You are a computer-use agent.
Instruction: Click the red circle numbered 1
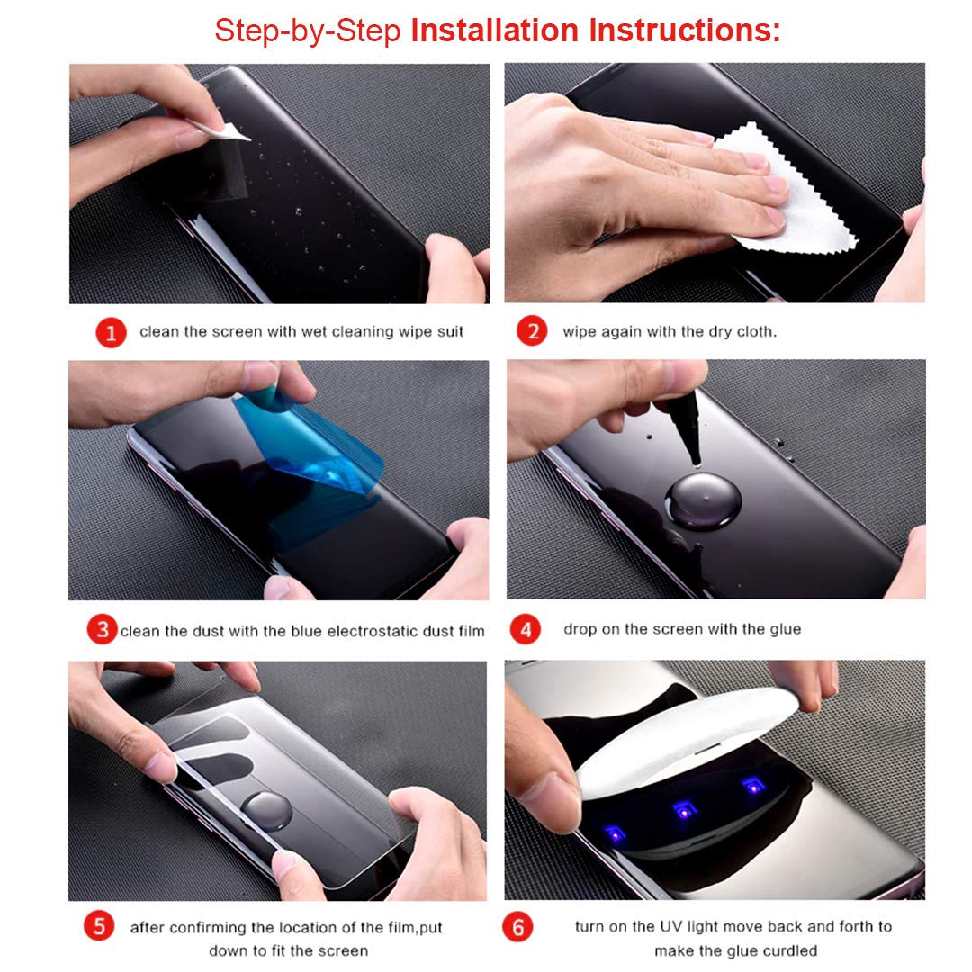click(x=111, y=332)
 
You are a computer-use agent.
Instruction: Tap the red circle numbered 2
click(x=532, y=330)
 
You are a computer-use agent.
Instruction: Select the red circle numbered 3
click(x=103, y=630)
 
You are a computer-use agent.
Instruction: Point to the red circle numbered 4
click(x=525, y=629)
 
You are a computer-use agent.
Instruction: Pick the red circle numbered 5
click(x=99, y=926)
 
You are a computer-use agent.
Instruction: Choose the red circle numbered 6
click(x=517, y=926)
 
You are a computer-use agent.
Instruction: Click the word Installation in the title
click(x=495, y=31)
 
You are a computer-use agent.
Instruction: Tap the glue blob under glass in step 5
click(x=265, y=811)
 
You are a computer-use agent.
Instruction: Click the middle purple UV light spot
click(x=684, y=810)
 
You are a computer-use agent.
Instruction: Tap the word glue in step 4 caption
click(x=786, y=629)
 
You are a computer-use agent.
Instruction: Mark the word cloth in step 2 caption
click(x=756, y=331)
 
